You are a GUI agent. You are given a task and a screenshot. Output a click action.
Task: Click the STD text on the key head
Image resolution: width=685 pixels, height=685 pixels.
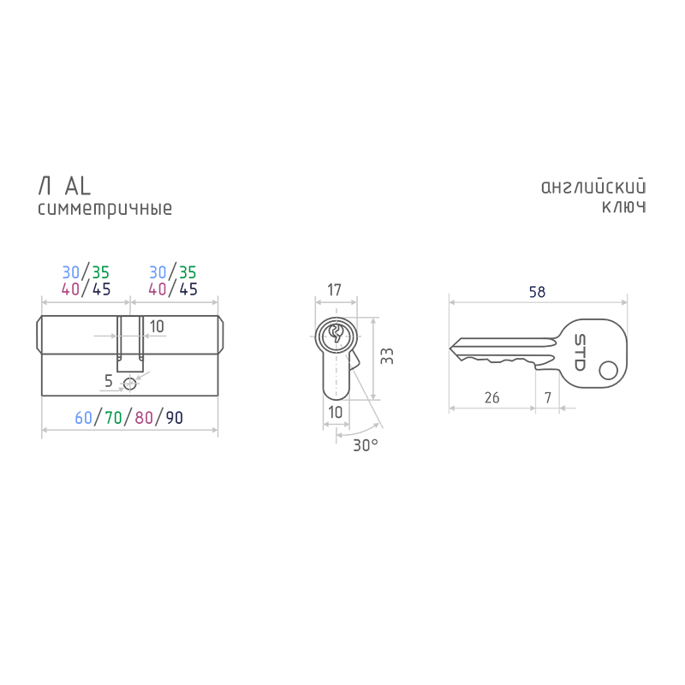tap(580, 353)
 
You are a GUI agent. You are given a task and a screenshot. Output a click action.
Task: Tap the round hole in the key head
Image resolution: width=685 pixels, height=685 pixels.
tap(608, 371)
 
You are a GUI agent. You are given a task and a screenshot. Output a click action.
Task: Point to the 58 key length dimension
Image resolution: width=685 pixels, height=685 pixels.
tap(537, 292)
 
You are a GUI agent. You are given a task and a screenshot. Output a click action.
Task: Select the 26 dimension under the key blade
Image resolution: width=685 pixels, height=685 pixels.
tap(491, 397)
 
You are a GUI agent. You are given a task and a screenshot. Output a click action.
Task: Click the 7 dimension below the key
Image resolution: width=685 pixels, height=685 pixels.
tap(548, 397)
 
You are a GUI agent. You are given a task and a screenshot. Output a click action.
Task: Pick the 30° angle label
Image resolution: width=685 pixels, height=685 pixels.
tap(366, 445)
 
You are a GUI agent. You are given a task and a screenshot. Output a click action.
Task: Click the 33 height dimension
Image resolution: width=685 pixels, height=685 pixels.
tap(387, 356)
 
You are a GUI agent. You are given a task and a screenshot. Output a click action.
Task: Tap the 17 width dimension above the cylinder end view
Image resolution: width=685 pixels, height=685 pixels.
tap(334, 289)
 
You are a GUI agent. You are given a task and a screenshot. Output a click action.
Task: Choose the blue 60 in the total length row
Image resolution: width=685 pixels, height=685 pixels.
tap(83, 418)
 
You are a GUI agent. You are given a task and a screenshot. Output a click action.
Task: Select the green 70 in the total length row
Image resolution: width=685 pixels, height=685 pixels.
tap(113, 418)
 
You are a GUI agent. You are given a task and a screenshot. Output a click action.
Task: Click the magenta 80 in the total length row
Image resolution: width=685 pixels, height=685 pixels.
tap(144, 418)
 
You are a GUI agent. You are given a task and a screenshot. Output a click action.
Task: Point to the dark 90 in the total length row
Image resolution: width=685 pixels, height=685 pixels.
tap(175, 418)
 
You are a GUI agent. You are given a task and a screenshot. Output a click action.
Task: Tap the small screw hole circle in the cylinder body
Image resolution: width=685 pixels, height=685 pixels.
tap(130, 384)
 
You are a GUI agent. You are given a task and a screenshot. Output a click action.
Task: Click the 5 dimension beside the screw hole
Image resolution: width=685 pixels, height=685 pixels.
tap(109, 381)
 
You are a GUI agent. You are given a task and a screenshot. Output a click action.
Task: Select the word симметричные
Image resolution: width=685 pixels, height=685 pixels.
tap(104, 209)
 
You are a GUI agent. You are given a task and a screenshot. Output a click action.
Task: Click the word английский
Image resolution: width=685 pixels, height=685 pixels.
tap(593, 187)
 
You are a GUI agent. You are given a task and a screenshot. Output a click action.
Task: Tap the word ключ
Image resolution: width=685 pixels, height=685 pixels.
tap(624, 206)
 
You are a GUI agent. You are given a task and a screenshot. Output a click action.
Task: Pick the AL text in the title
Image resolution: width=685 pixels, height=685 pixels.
tap(78, 186)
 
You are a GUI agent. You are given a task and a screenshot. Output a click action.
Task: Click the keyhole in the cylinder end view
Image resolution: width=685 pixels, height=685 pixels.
tap(336, 335)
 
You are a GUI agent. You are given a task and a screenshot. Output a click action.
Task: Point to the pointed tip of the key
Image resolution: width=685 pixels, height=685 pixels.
tap(450, 348)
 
